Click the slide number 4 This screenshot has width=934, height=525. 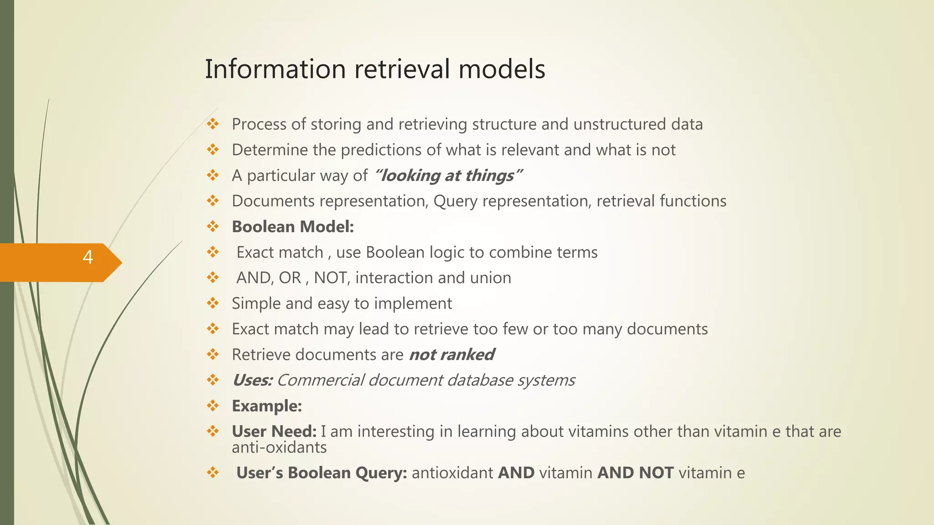pyautogui.click(x=88, y=257)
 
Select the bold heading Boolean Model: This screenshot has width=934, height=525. pyautogui.click(x=293, y=226)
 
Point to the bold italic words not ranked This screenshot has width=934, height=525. pyautogui.click(x=451, y=355)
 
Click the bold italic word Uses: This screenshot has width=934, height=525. pyautogui.click(x=252, y=380)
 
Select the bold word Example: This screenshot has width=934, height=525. pyautogui.click(x=267, y=406)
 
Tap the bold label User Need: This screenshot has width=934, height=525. pyautogui.click(x=274, y=431)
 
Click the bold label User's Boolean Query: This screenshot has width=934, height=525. pyautogui.click(x=322, y=473)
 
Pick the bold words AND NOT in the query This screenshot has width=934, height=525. pyautogui.click(x=635, y=473)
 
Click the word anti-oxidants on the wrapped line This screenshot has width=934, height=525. pyautogui.click(x=279, y=448)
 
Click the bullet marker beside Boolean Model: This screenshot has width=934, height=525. pyautogui.click(x=213, y=226)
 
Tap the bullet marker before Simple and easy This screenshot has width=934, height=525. pyautogui.click(x=213, y=303)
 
